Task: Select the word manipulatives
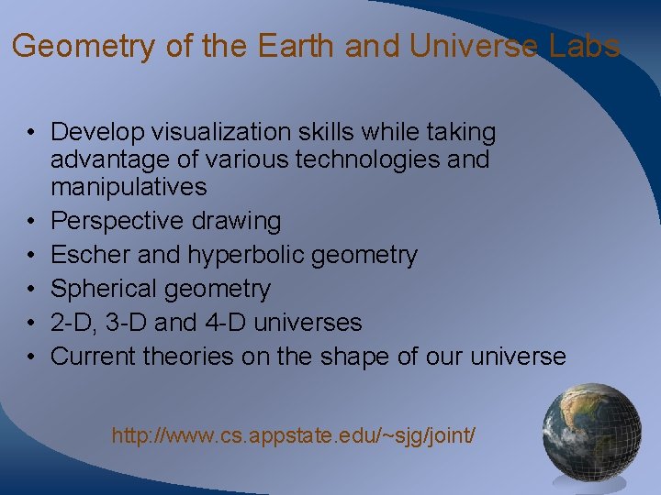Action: pos(129,187)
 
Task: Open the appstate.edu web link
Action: pos(294,435)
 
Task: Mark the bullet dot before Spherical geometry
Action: pos(31,290)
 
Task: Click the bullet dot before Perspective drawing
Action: pos(31,222)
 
